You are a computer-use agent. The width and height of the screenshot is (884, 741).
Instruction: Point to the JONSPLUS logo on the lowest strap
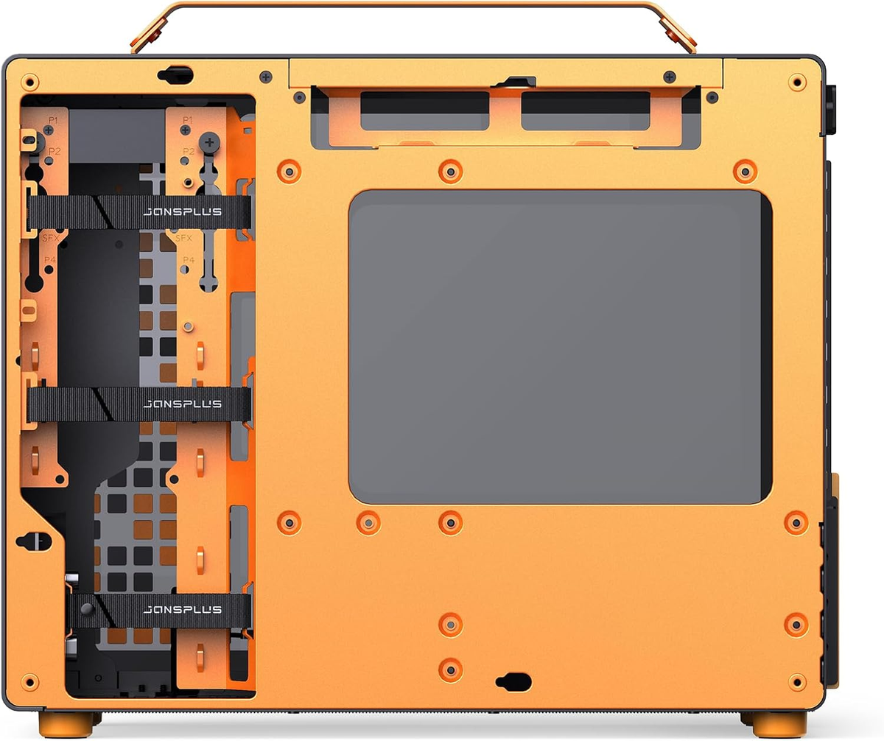182,610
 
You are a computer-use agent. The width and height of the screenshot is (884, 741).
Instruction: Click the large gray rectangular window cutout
560,347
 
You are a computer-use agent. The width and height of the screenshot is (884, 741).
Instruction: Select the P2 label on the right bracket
189,152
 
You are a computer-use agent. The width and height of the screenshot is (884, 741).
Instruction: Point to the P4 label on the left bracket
50,259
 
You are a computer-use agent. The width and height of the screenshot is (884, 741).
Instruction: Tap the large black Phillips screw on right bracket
210,140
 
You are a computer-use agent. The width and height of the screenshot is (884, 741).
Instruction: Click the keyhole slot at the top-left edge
175,74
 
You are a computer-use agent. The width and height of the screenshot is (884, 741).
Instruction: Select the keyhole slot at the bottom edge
513,681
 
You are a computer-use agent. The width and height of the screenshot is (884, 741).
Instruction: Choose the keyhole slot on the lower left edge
34,541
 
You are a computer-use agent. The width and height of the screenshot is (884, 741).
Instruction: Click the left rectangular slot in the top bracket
425,110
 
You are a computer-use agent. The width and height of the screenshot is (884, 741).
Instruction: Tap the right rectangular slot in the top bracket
586,110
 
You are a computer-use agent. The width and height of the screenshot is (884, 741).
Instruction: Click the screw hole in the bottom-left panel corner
30,680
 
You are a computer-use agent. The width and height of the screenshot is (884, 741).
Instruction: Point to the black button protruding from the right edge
832,110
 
